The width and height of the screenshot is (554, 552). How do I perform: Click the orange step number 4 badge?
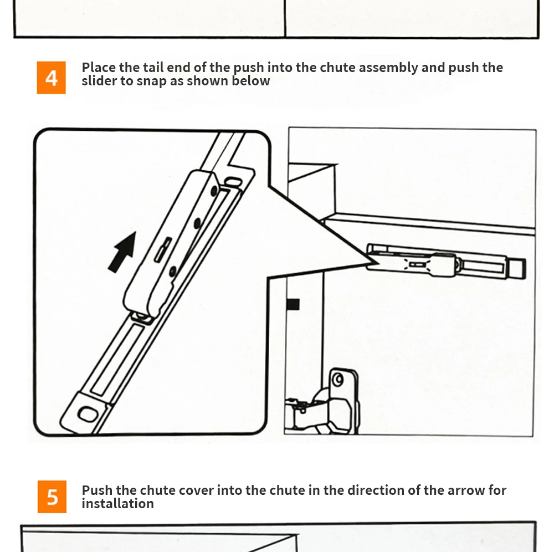51,78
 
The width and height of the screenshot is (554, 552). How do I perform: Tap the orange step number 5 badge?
52,496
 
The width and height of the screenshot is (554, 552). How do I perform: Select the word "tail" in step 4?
152,68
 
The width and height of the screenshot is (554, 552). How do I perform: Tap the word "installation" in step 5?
117,504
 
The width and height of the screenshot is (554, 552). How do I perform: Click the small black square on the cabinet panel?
293,304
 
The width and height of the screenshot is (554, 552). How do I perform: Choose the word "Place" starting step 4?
99,68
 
